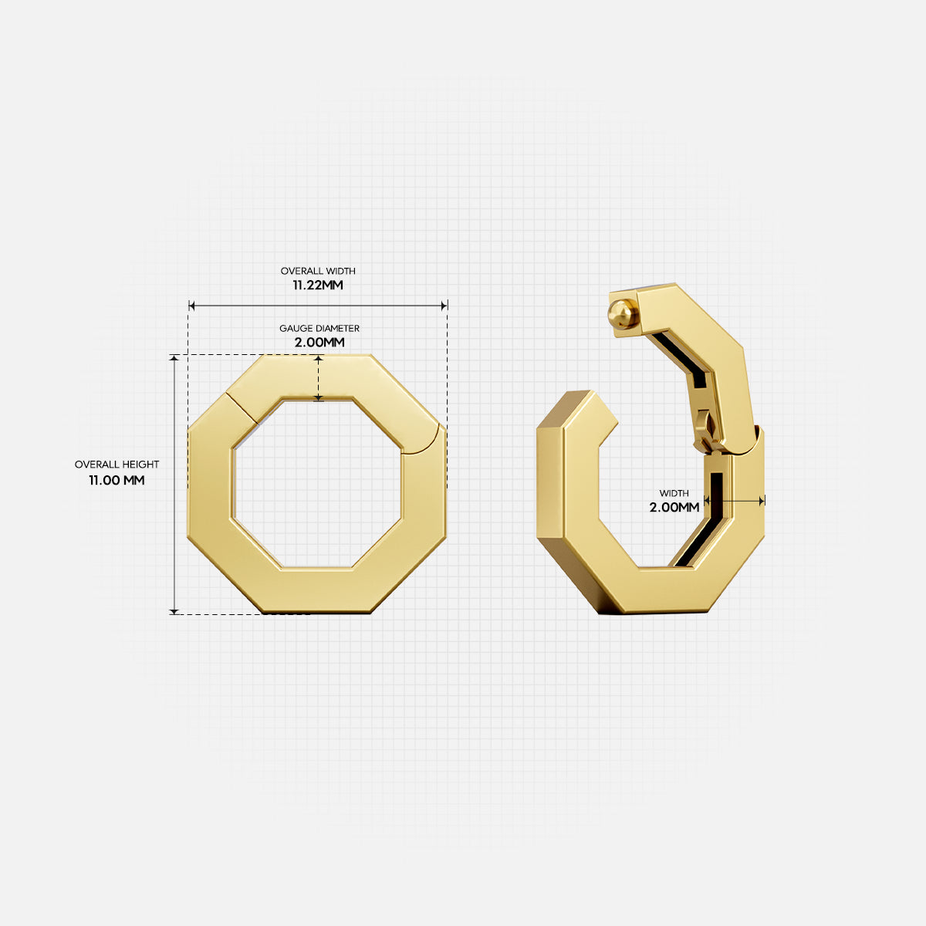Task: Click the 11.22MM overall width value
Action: tap(317, 285)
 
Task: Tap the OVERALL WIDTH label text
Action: tap(318, 271)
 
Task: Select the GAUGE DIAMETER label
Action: tap(319, 329)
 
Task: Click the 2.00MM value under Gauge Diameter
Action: tap(319, 342)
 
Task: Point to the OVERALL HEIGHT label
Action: tap(117, 465)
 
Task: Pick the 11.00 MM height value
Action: tap(117, 480)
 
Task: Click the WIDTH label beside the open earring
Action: tap(674, 493)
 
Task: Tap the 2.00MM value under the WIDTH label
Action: tap(674, 507)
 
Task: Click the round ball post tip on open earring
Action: tap(622, 314)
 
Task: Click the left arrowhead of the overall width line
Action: tap(192, 306)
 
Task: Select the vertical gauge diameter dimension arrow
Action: tap(319, 378)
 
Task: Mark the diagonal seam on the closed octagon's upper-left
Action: tap(242, 407)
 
